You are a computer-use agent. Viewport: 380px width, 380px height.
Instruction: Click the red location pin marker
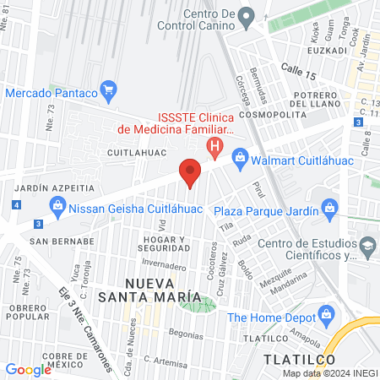click(191, 174)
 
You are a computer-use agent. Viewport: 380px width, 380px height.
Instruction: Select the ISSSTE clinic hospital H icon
click(214, 149)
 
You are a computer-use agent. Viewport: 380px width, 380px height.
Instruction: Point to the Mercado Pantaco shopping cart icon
click(107, 89)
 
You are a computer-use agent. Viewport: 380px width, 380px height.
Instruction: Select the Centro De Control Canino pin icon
click(247, 15)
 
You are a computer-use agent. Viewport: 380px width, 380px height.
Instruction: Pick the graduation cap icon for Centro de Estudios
click(366, 247)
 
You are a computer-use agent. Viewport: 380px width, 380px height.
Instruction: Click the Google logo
click(28, 369)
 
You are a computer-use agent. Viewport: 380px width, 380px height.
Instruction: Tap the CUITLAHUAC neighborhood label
click(135, 151)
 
